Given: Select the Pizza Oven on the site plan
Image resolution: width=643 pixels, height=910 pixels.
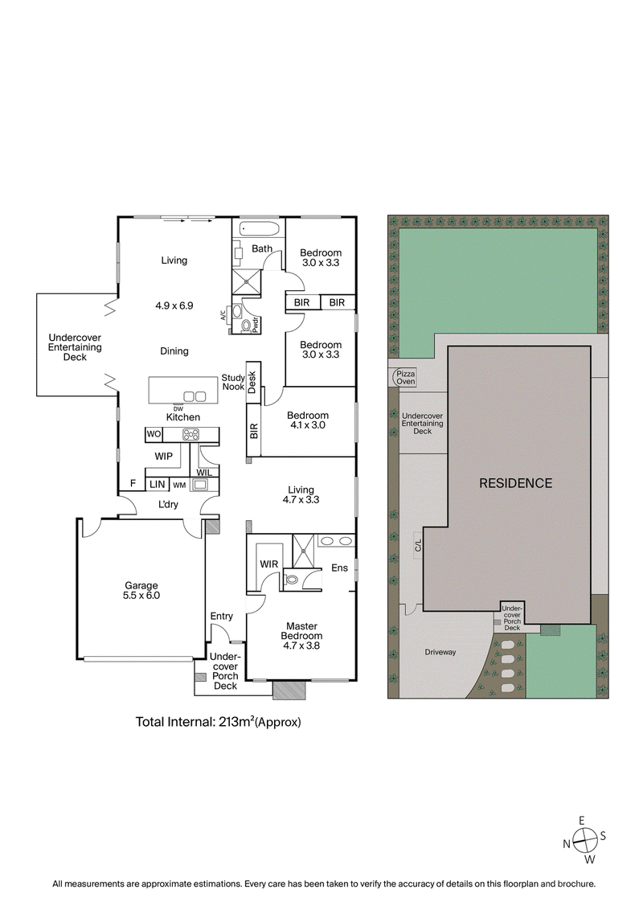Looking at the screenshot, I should coord(404,377).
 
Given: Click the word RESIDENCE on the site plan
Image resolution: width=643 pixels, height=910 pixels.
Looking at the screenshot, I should coord(515,483).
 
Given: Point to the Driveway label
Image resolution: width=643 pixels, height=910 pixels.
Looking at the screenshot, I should coord(440,652).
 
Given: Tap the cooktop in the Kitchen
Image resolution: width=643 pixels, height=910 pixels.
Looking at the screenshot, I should coord(191,435).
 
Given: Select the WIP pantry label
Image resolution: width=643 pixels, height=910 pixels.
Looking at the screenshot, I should coord(164,456).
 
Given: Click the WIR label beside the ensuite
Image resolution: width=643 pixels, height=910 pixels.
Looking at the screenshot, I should coord(268,564).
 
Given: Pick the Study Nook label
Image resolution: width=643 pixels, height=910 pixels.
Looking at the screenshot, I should coord(234,382).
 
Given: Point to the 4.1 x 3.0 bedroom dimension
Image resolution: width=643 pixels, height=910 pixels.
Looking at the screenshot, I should coord(308,426).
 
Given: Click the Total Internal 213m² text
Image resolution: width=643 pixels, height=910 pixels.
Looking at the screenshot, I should coord(218,722).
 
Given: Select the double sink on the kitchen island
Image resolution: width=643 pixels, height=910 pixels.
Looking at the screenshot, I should coord(193,396).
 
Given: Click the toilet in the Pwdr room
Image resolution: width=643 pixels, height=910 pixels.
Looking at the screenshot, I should coord(246,326).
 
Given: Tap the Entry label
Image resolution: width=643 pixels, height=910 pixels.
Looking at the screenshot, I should coord(222,617).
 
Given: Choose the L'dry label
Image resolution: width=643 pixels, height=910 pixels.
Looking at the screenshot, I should coord(168,504).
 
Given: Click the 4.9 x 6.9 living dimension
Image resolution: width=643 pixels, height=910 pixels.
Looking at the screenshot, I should coord(174,305).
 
